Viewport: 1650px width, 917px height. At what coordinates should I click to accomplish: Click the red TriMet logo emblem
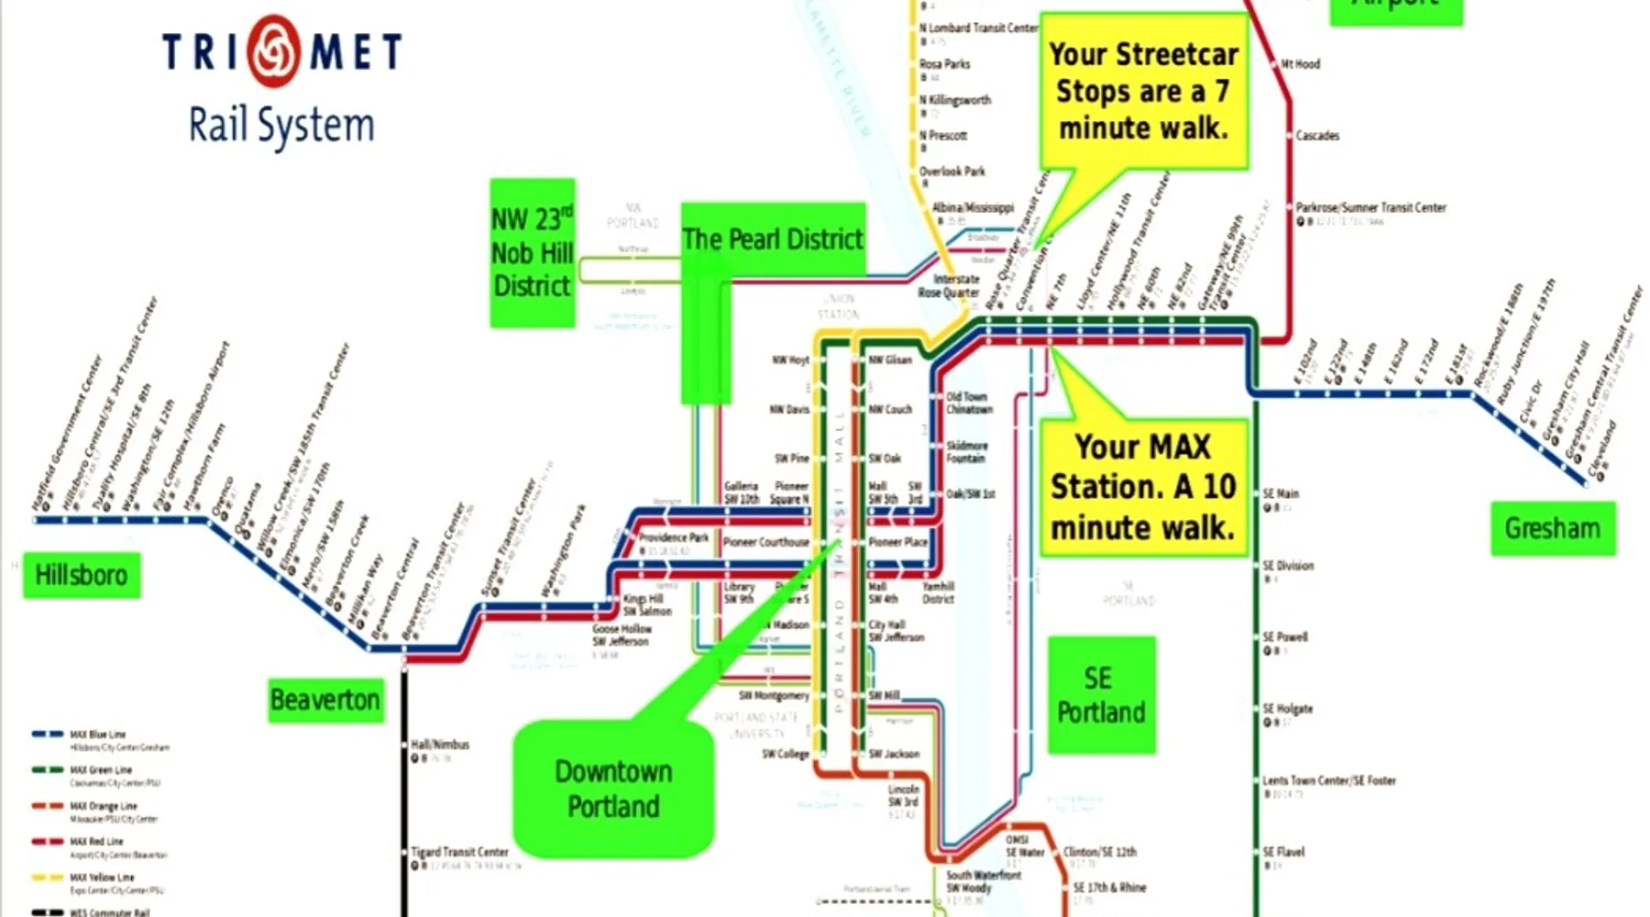tap(272, 50)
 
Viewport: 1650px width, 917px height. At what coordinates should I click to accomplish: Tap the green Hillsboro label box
tap(82, 575)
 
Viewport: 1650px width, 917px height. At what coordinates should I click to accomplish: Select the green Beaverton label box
tap(325, 700)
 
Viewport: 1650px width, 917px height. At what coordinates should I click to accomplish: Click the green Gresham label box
tap(1553, 528)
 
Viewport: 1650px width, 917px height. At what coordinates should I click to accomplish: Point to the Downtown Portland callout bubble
tap(613, 789)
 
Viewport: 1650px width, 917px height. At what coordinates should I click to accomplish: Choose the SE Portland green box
tap(1101, 695)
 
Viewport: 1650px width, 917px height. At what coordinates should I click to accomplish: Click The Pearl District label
tap(773, 239)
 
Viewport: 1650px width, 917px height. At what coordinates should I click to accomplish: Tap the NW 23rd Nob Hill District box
tap(533, 253)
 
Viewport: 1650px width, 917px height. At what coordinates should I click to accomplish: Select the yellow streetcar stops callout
tap(1144, 91)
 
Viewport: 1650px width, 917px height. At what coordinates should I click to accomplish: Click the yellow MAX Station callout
tap(1143, 487)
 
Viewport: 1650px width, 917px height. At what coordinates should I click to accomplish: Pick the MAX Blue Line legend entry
tap(97, 735)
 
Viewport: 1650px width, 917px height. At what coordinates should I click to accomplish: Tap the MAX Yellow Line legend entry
tap(102, 878)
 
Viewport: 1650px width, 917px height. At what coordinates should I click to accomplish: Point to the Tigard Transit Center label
tap(459, 852)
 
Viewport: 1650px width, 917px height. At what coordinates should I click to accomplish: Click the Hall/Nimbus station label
tap(440, 745)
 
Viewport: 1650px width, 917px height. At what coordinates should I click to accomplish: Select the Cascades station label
tap(1316, 136)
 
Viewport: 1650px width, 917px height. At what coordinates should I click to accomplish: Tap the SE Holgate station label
tap(1287, 709)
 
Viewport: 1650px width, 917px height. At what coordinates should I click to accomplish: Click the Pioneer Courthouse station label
tap(765, 542)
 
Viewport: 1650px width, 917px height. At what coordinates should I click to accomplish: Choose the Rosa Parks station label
tap(944, 64)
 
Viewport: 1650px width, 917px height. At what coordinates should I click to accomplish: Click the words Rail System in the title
tap(281, 126)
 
